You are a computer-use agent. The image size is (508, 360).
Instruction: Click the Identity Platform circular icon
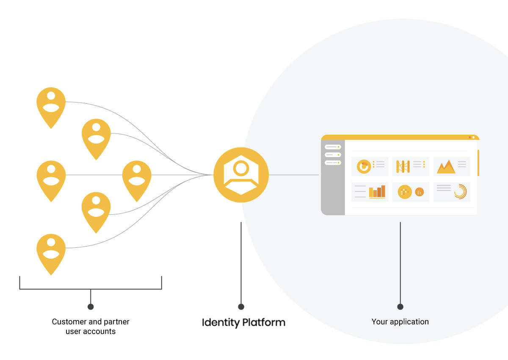point(241,174)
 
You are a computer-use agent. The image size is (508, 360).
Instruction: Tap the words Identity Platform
point(243,322)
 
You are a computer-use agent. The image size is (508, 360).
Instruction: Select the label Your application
point(400,322)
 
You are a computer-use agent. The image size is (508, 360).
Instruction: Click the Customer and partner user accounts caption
point(91,327)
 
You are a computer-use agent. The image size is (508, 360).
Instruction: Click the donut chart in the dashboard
point(364,166)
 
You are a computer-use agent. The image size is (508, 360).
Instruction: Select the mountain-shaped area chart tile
point(446,166)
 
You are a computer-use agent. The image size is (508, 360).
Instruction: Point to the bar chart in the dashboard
point(377,192)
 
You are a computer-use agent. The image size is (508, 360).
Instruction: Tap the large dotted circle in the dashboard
point(405,192)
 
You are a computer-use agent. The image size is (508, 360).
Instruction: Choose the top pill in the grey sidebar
point(333,147)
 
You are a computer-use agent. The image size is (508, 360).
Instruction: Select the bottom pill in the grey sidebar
point(333,163)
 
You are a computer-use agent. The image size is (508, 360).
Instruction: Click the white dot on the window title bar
point(473,138)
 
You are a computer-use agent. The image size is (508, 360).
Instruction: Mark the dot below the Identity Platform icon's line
point(241,307)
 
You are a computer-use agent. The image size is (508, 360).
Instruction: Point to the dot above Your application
point(400,307)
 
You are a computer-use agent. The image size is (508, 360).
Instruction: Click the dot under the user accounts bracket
point(91,307)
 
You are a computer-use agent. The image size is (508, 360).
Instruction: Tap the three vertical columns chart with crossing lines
point(403,166)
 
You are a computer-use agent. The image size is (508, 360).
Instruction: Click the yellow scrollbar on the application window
point(478,163)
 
